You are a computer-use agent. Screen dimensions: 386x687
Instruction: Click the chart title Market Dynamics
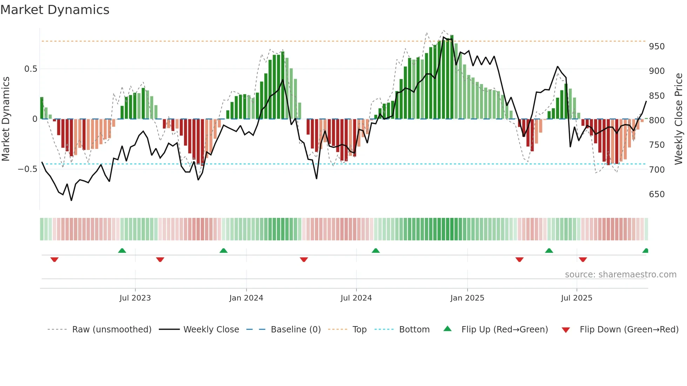click(x=55, y=10)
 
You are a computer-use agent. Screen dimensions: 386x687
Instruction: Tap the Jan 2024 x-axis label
click(x=246, y=298)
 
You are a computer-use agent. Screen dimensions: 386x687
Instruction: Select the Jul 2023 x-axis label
click(x=135, y=298)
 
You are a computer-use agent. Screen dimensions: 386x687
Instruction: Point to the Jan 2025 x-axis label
click(x=467, y=298)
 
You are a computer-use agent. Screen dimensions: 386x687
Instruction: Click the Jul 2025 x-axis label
click(x=576, y=298)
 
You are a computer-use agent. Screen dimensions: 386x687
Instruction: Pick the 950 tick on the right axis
click(x=657, y=47)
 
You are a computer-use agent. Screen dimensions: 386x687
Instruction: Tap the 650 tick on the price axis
click(x=657, y=194)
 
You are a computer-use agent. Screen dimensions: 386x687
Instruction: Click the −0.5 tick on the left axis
click(x=27, y=169)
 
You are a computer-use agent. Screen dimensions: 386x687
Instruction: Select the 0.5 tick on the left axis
click(x=30, y=69)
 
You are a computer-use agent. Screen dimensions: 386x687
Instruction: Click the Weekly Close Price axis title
click(x=679, y=119)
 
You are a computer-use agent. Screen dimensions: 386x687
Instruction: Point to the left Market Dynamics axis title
click(x=6, y=119)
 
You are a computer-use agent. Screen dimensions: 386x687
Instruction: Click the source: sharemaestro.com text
click(x=620, y=275)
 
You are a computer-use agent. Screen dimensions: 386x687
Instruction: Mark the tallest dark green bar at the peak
click(x=452, y=77)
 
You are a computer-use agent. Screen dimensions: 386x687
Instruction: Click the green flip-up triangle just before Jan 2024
click(x=223, y=250)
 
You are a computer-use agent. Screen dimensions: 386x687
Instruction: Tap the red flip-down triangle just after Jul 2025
click(x=583, y=260)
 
